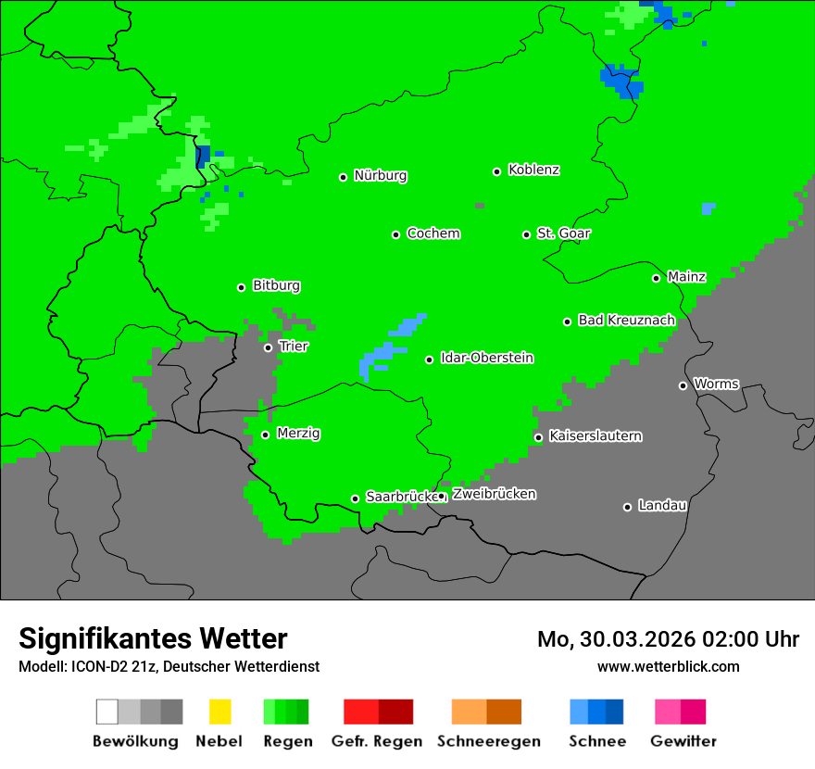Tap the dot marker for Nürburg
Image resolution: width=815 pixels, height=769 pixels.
(343, 177)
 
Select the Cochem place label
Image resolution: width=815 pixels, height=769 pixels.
(433, 233)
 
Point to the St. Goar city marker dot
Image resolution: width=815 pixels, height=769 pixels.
(526, 234)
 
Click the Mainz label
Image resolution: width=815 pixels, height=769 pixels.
(686, 277)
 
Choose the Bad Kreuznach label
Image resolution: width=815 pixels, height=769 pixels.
(626, 321)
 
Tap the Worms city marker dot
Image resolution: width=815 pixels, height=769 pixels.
(683, 385)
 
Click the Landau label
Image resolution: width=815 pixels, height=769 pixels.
(662, 506)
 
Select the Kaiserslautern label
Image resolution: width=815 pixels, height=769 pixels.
(595, 435)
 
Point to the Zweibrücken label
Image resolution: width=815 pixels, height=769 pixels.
(494, 494)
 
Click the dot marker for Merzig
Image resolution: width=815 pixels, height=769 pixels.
(265, 435)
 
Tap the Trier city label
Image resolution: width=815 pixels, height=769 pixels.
(293, 347)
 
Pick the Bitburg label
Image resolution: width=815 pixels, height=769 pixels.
(276, 286)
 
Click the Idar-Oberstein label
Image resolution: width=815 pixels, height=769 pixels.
(486, 359)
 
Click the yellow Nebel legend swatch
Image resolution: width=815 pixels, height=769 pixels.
(219, 712)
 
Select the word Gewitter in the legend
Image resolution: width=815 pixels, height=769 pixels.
(683, 741)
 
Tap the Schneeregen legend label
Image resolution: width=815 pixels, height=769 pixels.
(488, 741)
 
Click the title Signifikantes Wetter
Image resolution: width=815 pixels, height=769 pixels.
(153, 638)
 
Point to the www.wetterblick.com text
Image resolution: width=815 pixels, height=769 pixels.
(668, 666)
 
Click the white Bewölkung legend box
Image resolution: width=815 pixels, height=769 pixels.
(107, 712)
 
